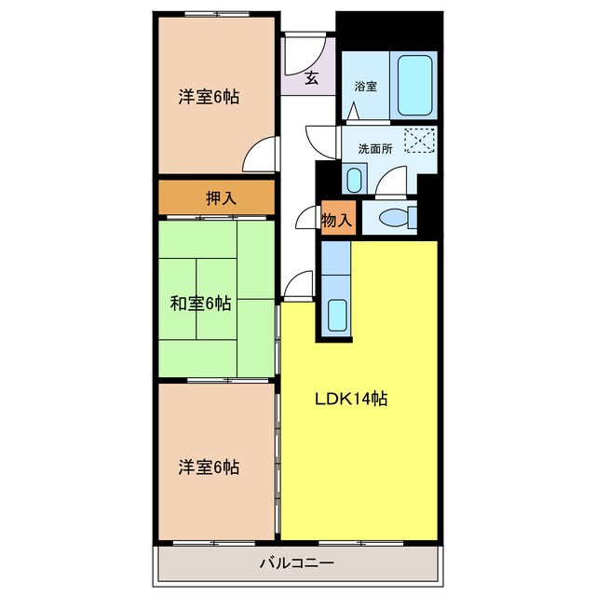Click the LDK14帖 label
coord(351,399)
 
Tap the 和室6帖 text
coord(200,304)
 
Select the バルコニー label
coord(297,562)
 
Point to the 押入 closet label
coord(222,197)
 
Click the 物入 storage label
coord(337,220)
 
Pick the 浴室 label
coord(366,87)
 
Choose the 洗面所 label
coord(375,149)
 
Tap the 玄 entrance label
coord(311,78)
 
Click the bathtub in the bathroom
coord(414,86)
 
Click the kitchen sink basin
coord(337,315)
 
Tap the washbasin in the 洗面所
coord(354,180)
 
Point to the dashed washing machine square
coord(419,141)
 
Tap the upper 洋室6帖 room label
coord(209,97)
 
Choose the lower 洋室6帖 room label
coord(209,467)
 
